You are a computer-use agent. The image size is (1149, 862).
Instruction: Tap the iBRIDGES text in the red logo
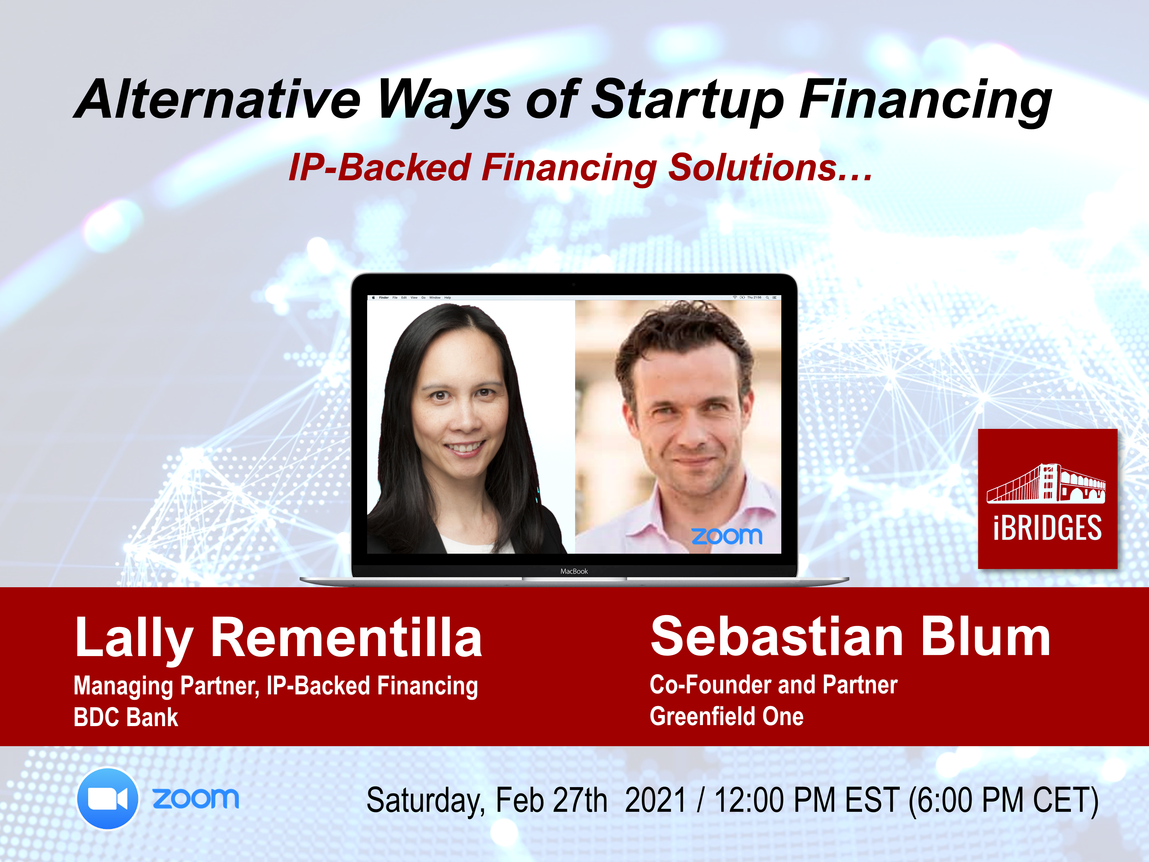[x=1047, y=528]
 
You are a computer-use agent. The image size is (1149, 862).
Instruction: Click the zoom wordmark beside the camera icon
[x=196, y=799]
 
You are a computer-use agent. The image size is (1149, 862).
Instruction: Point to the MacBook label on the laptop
[x=574, y=571]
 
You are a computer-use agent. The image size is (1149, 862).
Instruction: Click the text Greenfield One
[x=727, y=716]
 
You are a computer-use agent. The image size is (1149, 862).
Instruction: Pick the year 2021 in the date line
[x=656, y=800]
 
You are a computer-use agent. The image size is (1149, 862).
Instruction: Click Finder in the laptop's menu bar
[x=384, y=298]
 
